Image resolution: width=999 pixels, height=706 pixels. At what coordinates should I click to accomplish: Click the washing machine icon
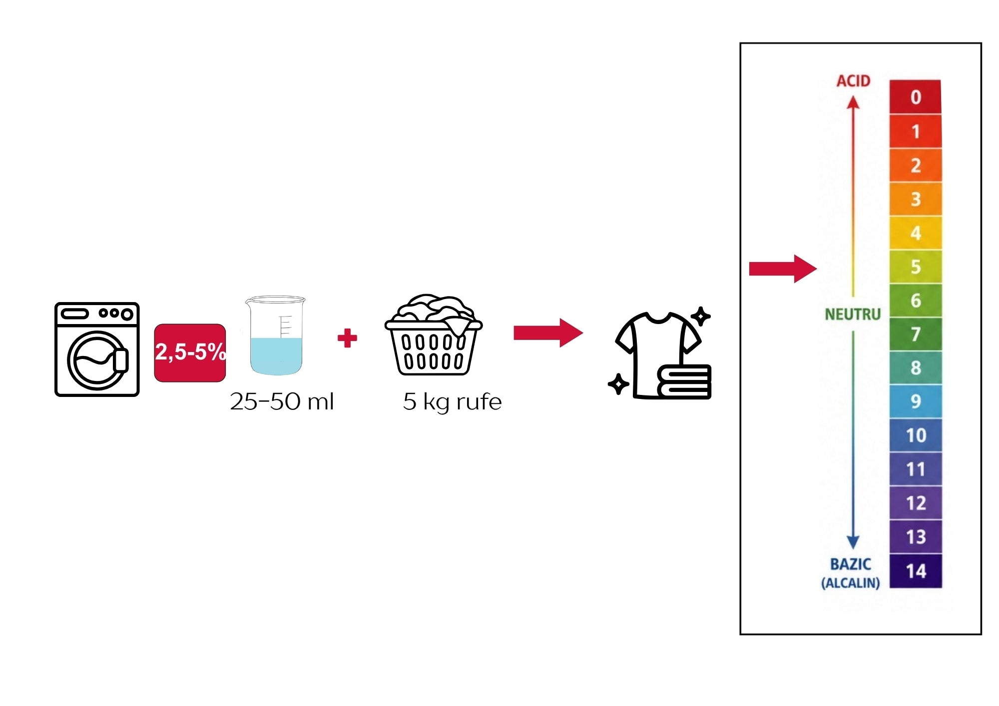[x=97, y=349]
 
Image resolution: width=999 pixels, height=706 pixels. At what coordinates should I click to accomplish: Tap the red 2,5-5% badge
[x=190, y=353]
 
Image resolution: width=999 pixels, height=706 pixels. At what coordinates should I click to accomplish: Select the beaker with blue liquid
[x=275, y=336]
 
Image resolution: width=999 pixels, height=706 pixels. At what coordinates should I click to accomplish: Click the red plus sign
[x=347, y=338]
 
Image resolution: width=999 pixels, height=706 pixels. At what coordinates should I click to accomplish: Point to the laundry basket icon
[x=434, y=335]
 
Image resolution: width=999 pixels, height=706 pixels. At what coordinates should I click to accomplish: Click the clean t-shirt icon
[x=660, y=354]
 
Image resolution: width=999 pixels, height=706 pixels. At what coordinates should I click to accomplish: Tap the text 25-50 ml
[x=282, y=401]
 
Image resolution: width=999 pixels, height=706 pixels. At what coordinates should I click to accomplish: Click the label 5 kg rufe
[x=452, y=402]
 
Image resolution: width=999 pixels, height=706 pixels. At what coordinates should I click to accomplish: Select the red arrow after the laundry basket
[x=548, y=333]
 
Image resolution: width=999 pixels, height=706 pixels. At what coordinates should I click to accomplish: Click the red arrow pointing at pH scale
[x=783, y=269]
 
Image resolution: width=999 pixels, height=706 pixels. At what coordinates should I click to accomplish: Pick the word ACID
[x=853, y=81]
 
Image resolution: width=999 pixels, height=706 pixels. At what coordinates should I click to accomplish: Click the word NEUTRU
[x=853, y=315]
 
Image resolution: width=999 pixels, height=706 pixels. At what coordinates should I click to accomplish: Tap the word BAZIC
[x=851, y=564]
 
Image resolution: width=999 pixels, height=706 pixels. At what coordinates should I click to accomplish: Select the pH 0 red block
[x=915, y=97]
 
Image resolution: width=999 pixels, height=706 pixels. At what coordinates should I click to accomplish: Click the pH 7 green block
[x=916, y=334]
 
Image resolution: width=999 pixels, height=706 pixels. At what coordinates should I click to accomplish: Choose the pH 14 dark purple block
[x=916, y=571]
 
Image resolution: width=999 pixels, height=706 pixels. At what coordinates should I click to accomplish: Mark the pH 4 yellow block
[x=916, y=233]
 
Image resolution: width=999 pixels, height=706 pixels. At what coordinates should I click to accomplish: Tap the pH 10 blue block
[x=916, y=435]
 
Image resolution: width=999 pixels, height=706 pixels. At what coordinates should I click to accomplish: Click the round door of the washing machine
[x=97, y=360]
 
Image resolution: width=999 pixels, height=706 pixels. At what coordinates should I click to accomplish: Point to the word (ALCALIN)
[x=851, y=583]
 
